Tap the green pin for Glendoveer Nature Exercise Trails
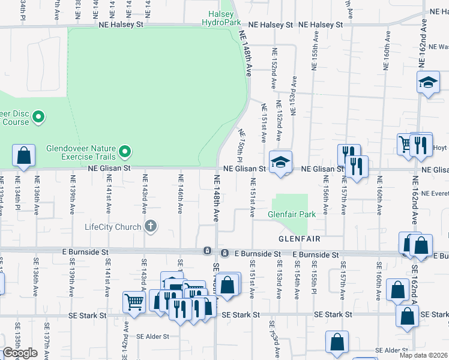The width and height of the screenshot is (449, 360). (125, 150)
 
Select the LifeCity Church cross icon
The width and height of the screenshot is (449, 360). (150, 226)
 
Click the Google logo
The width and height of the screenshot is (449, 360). (20, 353)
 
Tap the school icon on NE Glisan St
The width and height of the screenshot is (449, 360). (280, 162)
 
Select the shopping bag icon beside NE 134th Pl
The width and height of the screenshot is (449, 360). (24, 156)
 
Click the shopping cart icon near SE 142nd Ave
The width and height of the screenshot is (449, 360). (134, 302)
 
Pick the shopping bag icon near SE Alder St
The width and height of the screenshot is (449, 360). (337, 343)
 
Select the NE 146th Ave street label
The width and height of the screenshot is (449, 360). (180, 193)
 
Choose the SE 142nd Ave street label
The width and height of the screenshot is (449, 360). (127, 340)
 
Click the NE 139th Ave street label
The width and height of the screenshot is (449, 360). (73, 193)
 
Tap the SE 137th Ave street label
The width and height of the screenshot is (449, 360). (46, 342)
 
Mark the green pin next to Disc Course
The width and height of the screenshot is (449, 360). (38, 116)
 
